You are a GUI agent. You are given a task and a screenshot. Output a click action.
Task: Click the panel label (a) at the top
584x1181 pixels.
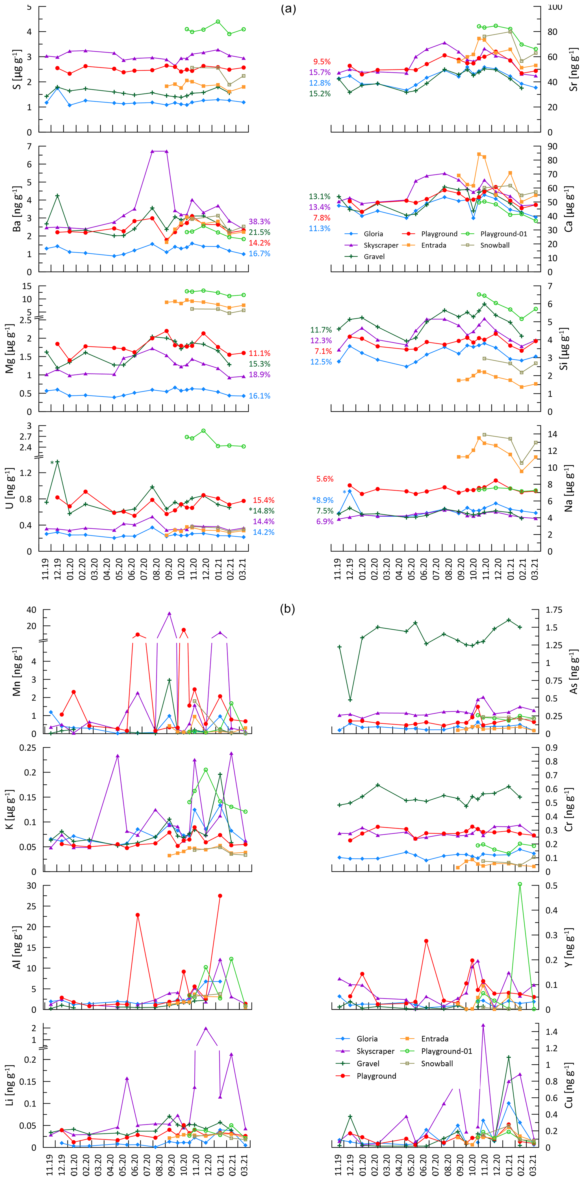tap(288, 9)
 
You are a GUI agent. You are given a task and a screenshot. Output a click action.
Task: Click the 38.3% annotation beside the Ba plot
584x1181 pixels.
tap(259, 221)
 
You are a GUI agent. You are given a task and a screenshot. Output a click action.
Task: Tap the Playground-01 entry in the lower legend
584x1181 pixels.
tap(446, 1051)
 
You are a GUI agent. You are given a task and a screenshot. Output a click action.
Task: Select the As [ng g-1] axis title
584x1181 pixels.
tap(573, 672)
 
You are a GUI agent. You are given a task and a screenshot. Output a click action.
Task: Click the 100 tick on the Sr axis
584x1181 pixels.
tap(555, 7)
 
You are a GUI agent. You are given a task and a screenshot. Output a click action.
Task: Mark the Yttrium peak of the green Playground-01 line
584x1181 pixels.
tap(520, 884)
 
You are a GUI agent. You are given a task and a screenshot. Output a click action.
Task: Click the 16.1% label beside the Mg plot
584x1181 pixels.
tap(259, 396)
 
